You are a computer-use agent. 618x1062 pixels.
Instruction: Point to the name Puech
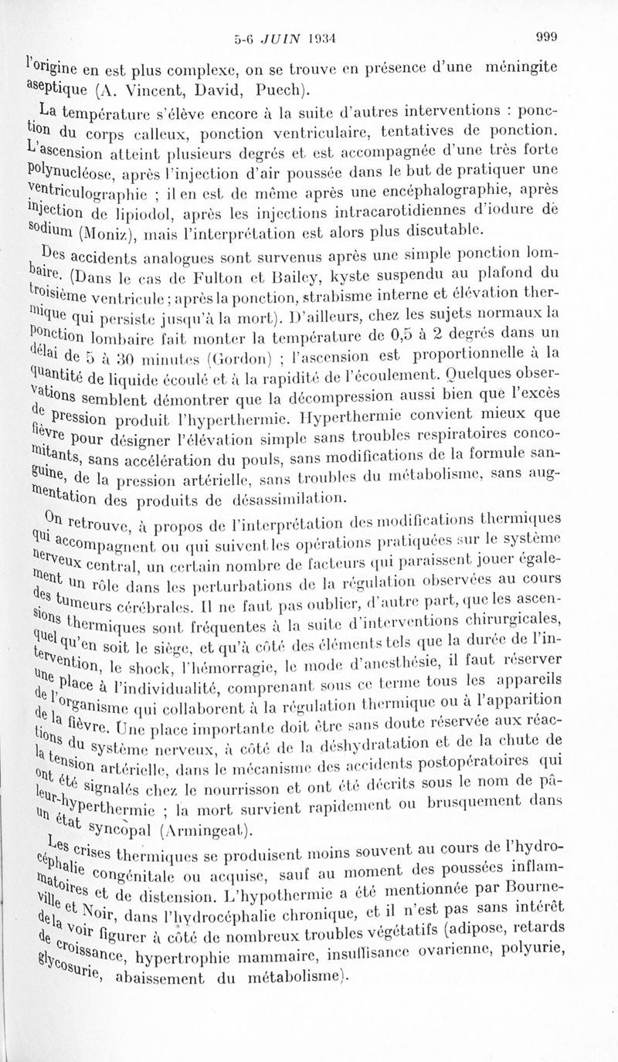[x=259, y=87]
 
